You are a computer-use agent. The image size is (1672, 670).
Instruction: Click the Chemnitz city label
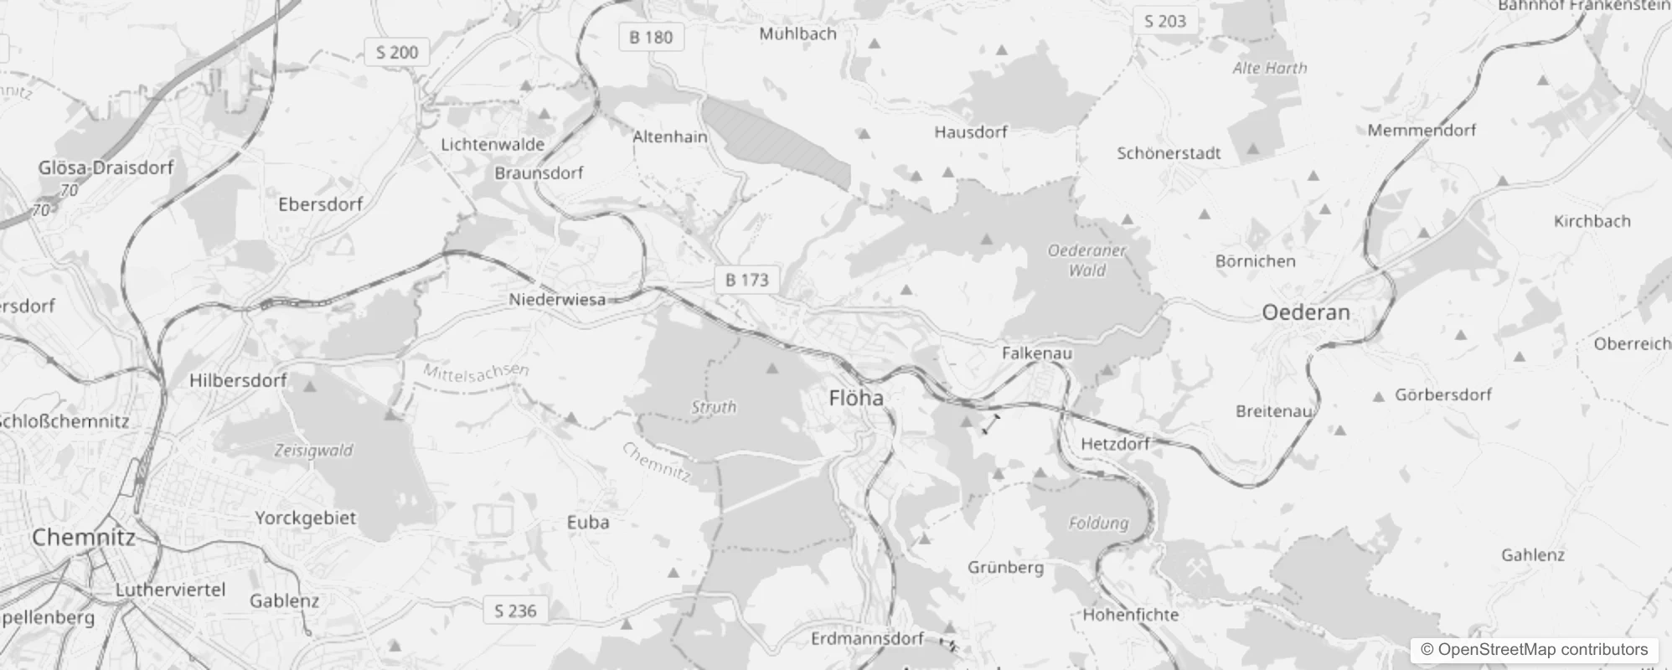pos(83,537)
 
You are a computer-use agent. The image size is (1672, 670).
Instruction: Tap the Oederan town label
pos(1305,312)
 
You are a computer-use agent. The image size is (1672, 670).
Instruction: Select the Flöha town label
pos(855,398)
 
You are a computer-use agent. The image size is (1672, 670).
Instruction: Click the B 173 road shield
pos(746,280)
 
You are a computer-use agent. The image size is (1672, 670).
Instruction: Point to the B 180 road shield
pos(651,37)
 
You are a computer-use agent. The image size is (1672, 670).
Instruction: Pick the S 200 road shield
pos(397,52)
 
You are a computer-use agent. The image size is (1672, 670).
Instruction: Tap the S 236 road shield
pos(515,611)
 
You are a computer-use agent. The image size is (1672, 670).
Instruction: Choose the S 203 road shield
pos(1165,21)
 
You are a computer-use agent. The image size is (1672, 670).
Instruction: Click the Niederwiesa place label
pos(557,299)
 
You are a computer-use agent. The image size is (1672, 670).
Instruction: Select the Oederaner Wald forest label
pos(1087,260)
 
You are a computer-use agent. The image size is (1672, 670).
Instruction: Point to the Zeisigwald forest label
pos(313,451)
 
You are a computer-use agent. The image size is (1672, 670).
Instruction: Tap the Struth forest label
pos(714,407)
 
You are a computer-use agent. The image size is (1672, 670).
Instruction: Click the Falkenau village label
pos(1036,353)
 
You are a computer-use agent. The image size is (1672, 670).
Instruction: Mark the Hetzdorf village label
pos(1115,444)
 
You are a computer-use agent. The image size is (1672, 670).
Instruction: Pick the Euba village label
pos(587,523)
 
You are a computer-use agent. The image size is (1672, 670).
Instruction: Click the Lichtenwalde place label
pos(493,144)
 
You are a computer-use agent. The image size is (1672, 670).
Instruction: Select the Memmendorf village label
pos(1422,130)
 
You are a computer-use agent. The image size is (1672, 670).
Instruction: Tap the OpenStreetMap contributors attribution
pos(1534,650)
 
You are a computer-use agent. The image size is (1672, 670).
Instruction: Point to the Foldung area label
pos(1098,523)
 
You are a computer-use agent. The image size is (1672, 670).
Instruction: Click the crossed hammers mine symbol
pos(1195,569)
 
